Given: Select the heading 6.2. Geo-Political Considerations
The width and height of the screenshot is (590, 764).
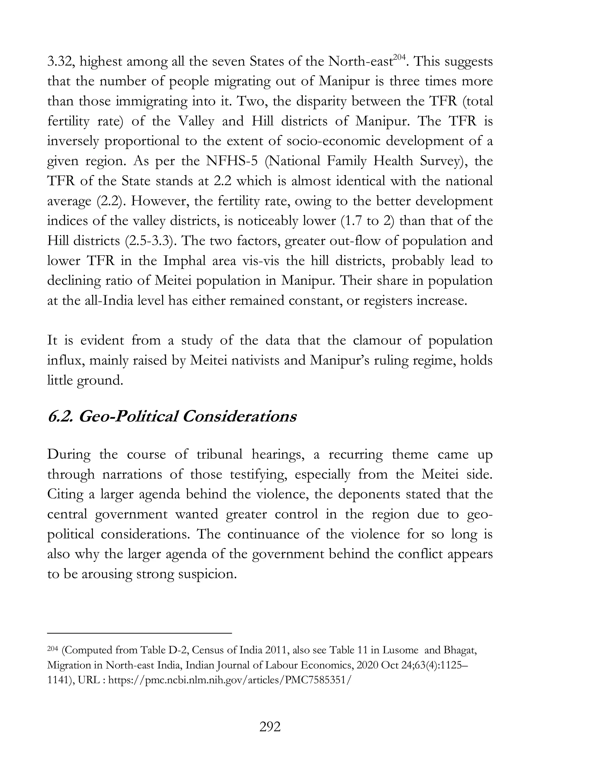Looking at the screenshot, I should pyautogui.click(x=172, y=417).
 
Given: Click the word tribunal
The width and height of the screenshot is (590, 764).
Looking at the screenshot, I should pyautogui.click(x=219, y=454).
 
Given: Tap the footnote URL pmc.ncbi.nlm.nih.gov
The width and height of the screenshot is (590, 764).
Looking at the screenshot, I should pyautogui.click(x=228, y=680).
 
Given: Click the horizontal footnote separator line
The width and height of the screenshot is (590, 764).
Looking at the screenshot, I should pyautogui.click(x=139, y=633).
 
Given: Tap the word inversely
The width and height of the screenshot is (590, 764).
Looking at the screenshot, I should pyautogui.click(x=72, y=141).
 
